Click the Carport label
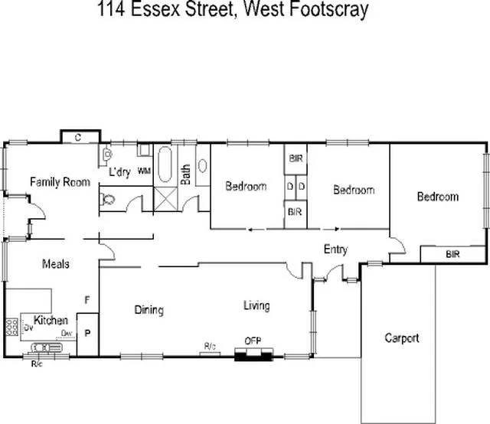tap(402, 338)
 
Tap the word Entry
tap(335, 250)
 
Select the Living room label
tap(256, 306)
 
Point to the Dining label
tap(149, 310)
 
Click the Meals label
tap(55, 264)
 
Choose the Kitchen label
tap(51, 321)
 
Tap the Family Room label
tap(60, 182)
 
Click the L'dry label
tap(120, 171)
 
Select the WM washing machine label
tap(143, 171)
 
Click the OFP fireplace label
tap(253, 341)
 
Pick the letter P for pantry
tap(87, 334)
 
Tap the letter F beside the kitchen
tap(87, 299)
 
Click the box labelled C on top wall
tap(79, 137)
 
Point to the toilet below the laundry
tap(108, 200)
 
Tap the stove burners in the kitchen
tap(11, 328)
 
